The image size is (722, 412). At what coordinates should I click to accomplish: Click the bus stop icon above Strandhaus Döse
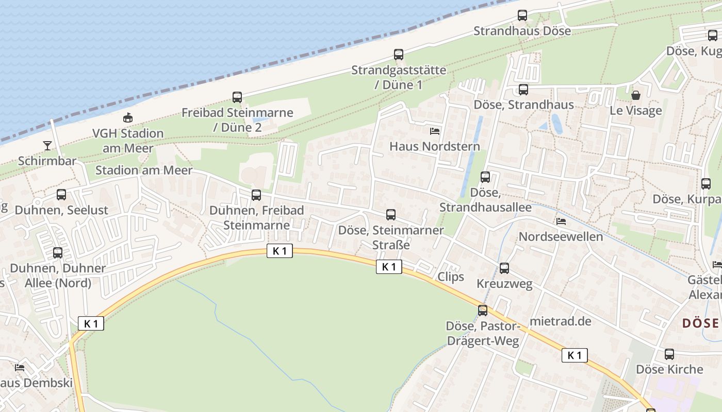[x=522, y=15]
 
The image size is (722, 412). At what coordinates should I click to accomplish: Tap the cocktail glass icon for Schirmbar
[x=47, y=145]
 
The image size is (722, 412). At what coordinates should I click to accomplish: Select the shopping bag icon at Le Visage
[x=636, y=95]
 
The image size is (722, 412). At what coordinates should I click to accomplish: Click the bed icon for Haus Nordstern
[x=435, y=131]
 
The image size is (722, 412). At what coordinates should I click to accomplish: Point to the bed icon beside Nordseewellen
[x=561, y=221]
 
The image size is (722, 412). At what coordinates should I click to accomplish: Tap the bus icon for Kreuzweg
[x=504, y=268]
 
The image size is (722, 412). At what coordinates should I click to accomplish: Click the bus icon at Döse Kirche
[x=669, y=354]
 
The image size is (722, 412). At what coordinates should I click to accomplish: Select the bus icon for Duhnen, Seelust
[x=61, y=195]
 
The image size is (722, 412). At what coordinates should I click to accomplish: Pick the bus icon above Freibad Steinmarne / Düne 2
[x=237, y=97]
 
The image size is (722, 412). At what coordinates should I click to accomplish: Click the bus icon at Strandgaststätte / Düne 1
[x=399, y=55]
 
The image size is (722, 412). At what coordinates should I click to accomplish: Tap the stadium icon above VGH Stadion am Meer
[x=128, y=118]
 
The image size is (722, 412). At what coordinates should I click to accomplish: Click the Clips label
[x=451, y=277]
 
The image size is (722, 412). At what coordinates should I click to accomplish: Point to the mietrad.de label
[x=560, y=321]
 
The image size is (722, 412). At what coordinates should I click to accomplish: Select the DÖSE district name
[x=700, y=323]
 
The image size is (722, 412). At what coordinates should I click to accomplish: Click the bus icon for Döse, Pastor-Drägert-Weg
[x=483, y=311]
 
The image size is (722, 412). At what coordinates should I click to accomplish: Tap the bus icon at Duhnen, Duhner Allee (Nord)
[x=58, y=253]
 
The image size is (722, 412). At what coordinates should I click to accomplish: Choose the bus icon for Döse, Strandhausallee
[x=485, y=177]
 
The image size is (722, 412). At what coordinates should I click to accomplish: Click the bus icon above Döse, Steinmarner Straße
[x=391, y=215]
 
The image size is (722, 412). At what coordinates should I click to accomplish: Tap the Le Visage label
[x=635, y=111]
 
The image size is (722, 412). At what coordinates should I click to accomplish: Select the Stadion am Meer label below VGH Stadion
[x=144, y=170]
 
